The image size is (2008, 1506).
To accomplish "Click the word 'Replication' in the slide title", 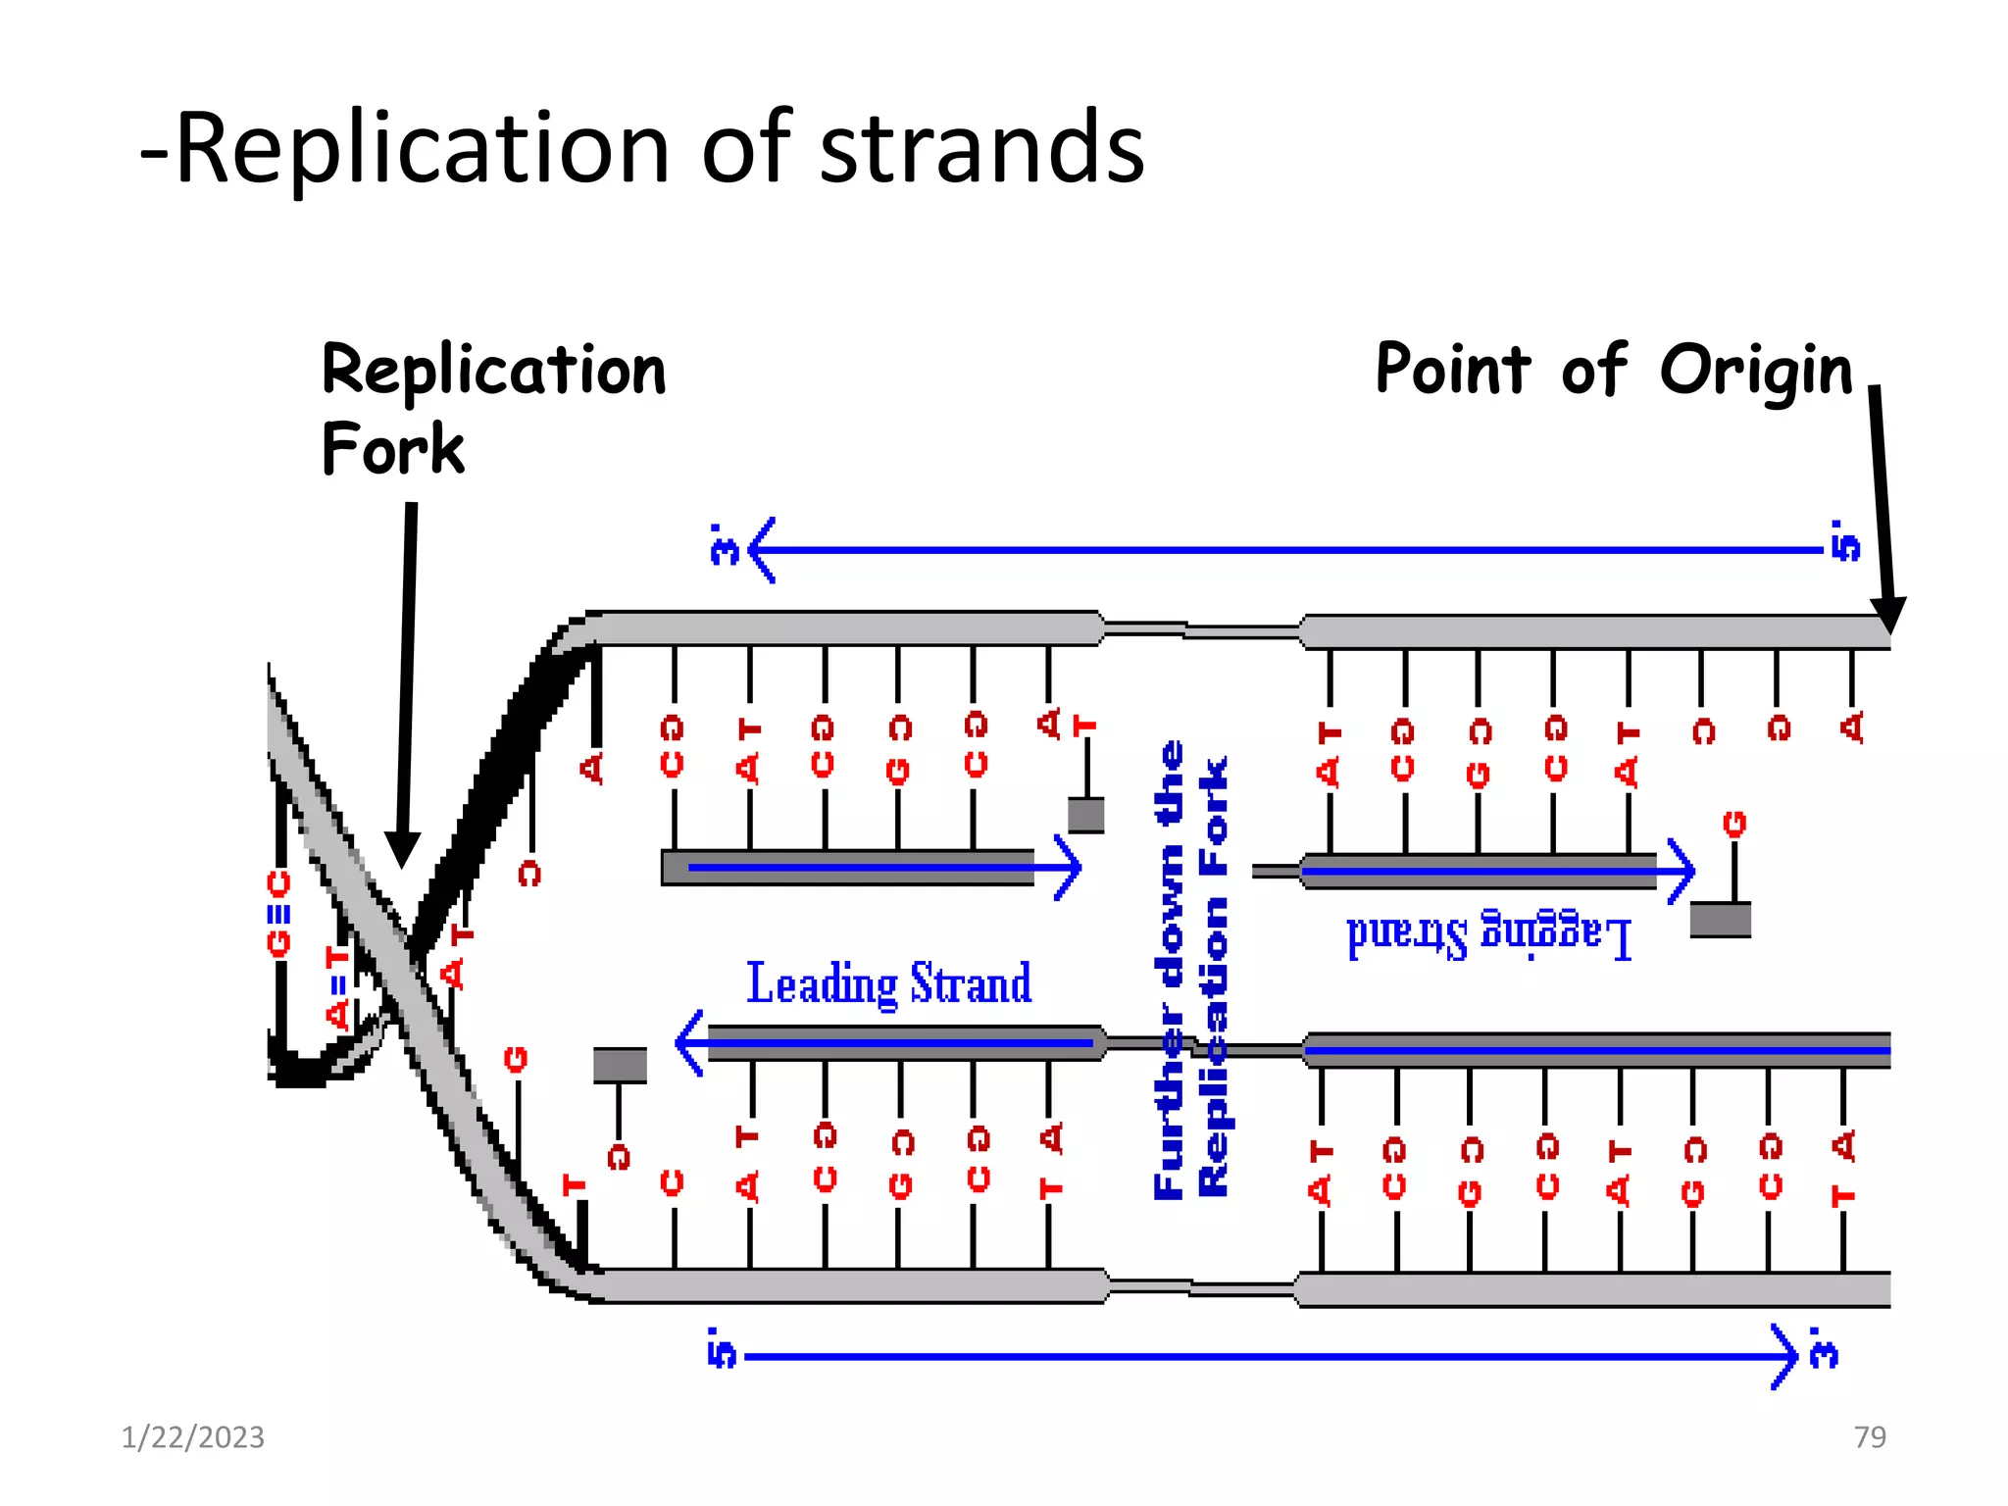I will [422, 149].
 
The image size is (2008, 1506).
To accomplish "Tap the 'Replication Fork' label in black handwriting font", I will [492, 407].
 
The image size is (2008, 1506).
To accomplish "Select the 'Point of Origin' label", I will [1613, 370].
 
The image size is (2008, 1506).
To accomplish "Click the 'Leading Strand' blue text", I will [888, 983].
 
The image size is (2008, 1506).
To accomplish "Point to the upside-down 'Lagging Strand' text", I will [1488, 936].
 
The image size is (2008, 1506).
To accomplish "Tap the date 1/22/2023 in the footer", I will [192, 1437].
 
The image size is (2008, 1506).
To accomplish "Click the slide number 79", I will [1870, 1437].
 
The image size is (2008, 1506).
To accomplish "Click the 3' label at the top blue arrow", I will [724, 545].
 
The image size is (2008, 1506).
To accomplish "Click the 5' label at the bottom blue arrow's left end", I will [721, 1349].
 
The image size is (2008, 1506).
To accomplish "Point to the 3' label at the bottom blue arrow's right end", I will [1823, 1349].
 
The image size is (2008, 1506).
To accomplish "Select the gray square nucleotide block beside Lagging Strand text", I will [1721, 920].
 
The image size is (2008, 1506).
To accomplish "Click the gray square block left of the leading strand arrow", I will [620, 1065].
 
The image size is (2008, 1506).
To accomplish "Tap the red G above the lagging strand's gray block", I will [1734, 824].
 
